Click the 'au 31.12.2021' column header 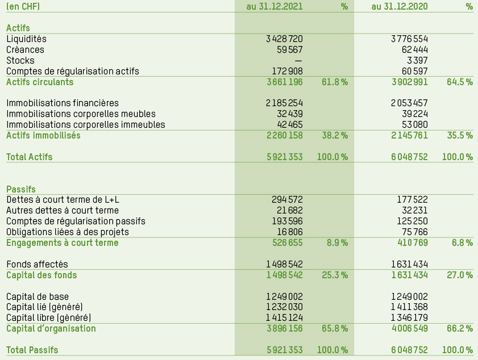(275, 7)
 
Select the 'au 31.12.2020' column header (400, 7)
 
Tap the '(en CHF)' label (23, 7)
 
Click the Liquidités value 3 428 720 (284, 39)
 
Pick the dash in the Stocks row (298, 61)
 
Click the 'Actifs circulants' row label (40, 82)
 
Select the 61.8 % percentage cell (335, 82)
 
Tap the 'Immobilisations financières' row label (63, 103)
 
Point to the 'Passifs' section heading (21, 189)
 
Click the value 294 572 (288, 200)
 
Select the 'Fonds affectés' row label (38, 265)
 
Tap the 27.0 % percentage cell (460, 275)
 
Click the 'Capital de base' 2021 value (284, 296)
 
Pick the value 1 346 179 (409, 318)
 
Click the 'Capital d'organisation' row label (51, 329)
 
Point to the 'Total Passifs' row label (32, 350)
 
